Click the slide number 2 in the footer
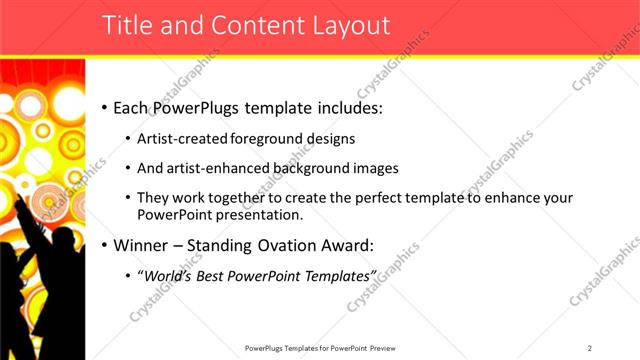(x=590, y=347)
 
